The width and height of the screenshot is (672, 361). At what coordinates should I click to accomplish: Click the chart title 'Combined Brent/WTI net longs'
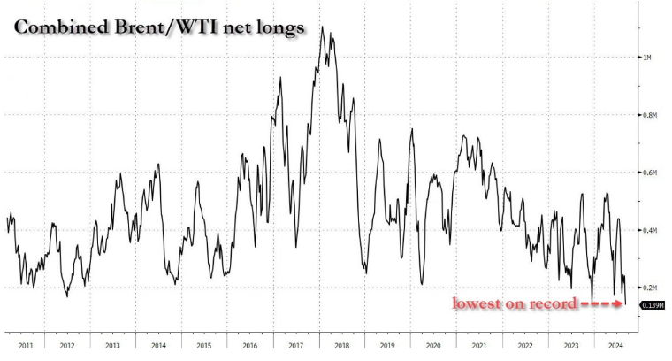[x=157, y=28]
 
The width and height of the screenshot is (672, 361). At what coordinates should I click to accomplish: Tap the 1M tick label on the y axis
[x=646, y=58]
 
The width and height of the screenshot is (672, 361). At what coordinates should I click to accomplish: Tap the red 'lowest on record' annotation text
[x=515, y=304]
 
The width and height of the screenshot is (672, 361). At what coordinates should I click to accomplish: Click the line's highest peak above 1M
[x=322, y=28]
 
